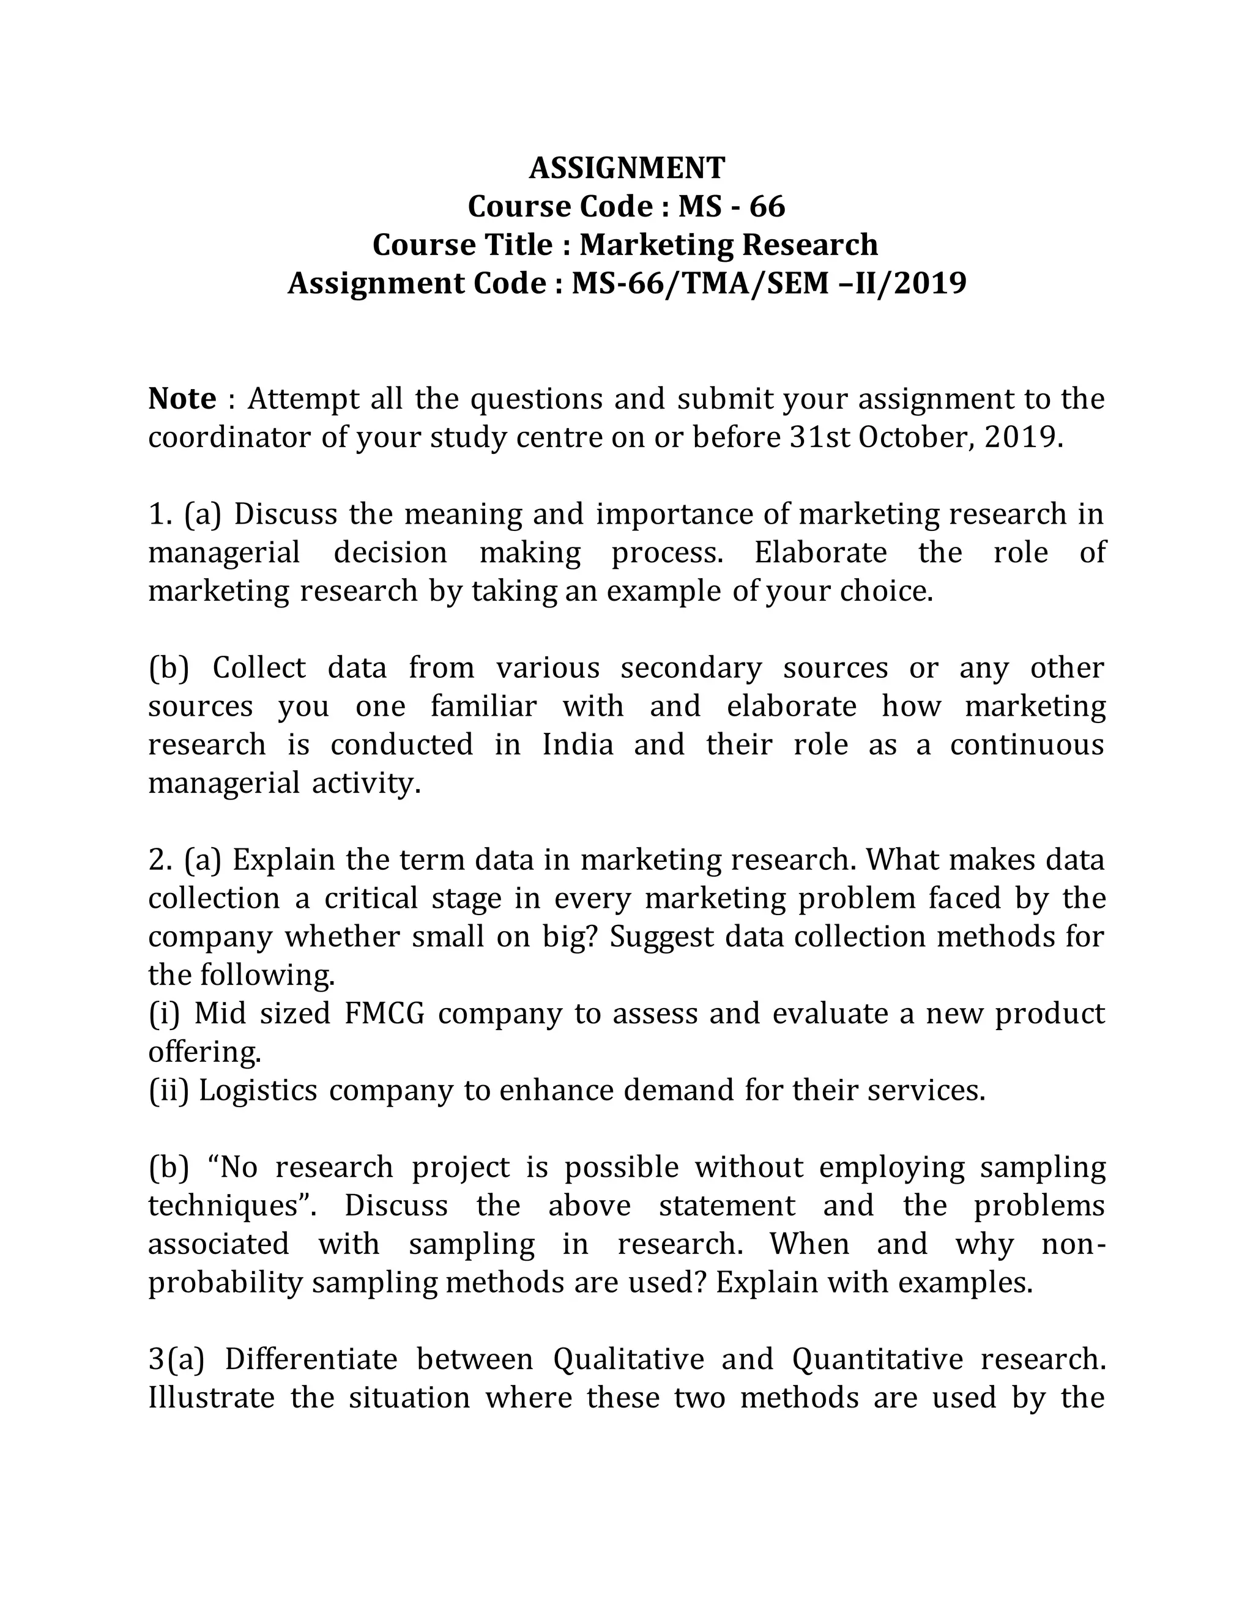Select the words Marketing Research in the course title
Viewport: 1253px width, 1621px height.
click(x=728, y=245)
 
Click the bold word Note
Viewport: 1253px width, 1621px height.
click(x=182, y=399)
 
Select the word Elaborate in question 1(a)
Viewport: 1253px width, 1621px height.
click(x=820, y=553)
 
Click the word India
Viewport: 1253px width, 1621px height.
click(x=578, y=744)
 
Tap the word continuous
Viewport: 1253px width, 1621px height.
click(x=1027, y=744)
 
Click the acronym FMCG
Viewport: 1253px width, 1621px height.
click(x=384, y=1014)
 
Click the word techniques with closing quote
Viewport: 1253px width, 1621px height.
click(x=232, y=1206)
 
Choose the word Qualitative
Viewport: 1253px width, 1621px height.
click(x=629, y=1360)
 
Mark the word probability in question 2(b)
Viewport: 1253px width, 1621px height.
click(x=226, y=1283)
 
